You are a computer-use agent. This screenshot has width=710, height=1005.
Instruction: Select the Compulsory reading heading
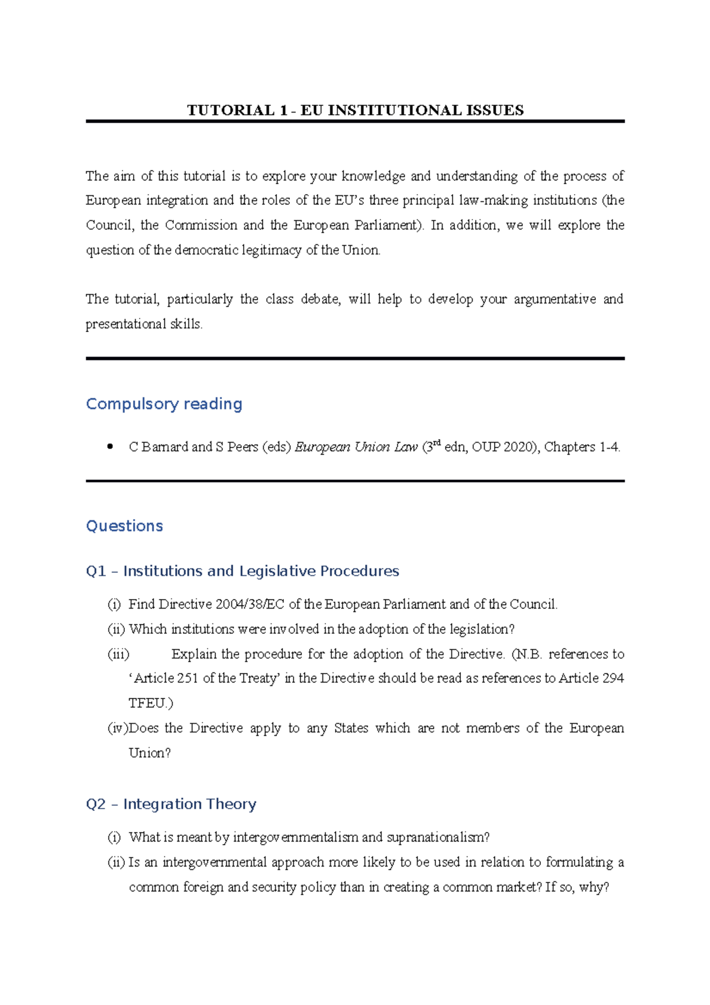[x=164, y=404]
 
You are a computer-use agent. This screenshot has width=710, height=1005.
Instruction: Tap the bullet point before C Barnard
[x=109, y=447]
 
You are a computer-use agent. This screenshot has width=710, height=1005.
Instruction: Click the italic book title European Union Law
[x=356, y=447]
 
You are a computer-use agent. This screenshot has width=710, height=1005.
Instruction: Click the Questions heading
[x=124, y=526]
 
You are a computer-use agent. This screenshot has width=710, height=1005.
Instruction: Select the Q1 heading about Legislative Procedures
[x=242, y=571]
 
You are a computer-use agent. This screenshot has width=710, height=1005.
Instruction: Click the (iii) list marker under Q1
[x=118, y=654]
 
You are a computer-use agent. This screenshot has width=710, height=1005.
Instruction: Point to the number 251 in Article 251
[x=187, y=678]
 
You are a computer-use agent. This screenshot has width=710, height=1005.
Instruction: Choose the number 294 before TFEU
[x=613, y=678]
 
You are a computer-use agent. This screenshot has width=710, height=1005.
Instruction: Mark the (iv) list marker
[x=117, y=728]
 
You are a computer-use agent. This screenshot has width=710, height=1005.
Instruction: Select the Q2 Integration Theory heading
[x=171, y=804]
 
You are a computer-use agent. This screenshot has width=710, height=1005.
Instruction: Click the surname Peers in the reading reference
[x=243, y=447]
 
